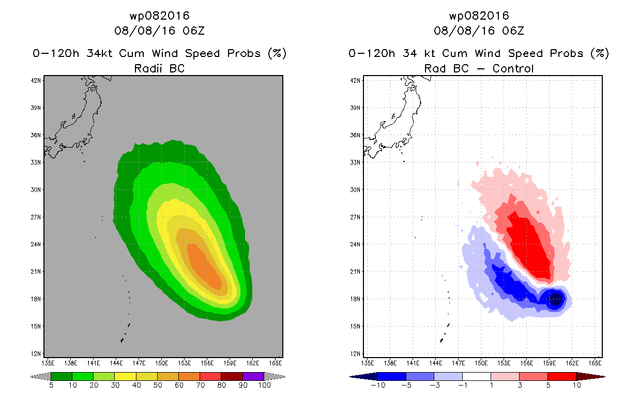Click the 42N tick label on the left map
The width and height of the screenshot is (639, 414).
37,80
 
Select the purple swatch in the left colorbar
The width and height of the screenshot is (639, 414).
253,376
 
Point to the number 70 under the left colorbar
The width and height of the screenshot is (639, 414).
200,386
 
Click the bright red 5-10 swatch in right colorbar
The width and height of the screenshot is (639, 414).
561,376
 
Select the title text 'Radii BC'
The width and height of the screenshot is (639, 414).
159,68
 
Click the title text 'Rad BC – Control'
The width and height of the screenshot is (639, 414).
479,68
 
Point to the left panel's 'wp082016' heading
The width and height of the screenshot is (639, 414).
159,16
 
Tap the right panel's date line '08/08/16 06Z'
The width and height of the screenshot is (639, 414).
479,31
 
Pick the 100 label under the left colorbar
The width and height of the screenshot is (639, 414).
264,386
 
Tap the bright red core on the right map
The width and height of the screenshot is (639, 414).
530,243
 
